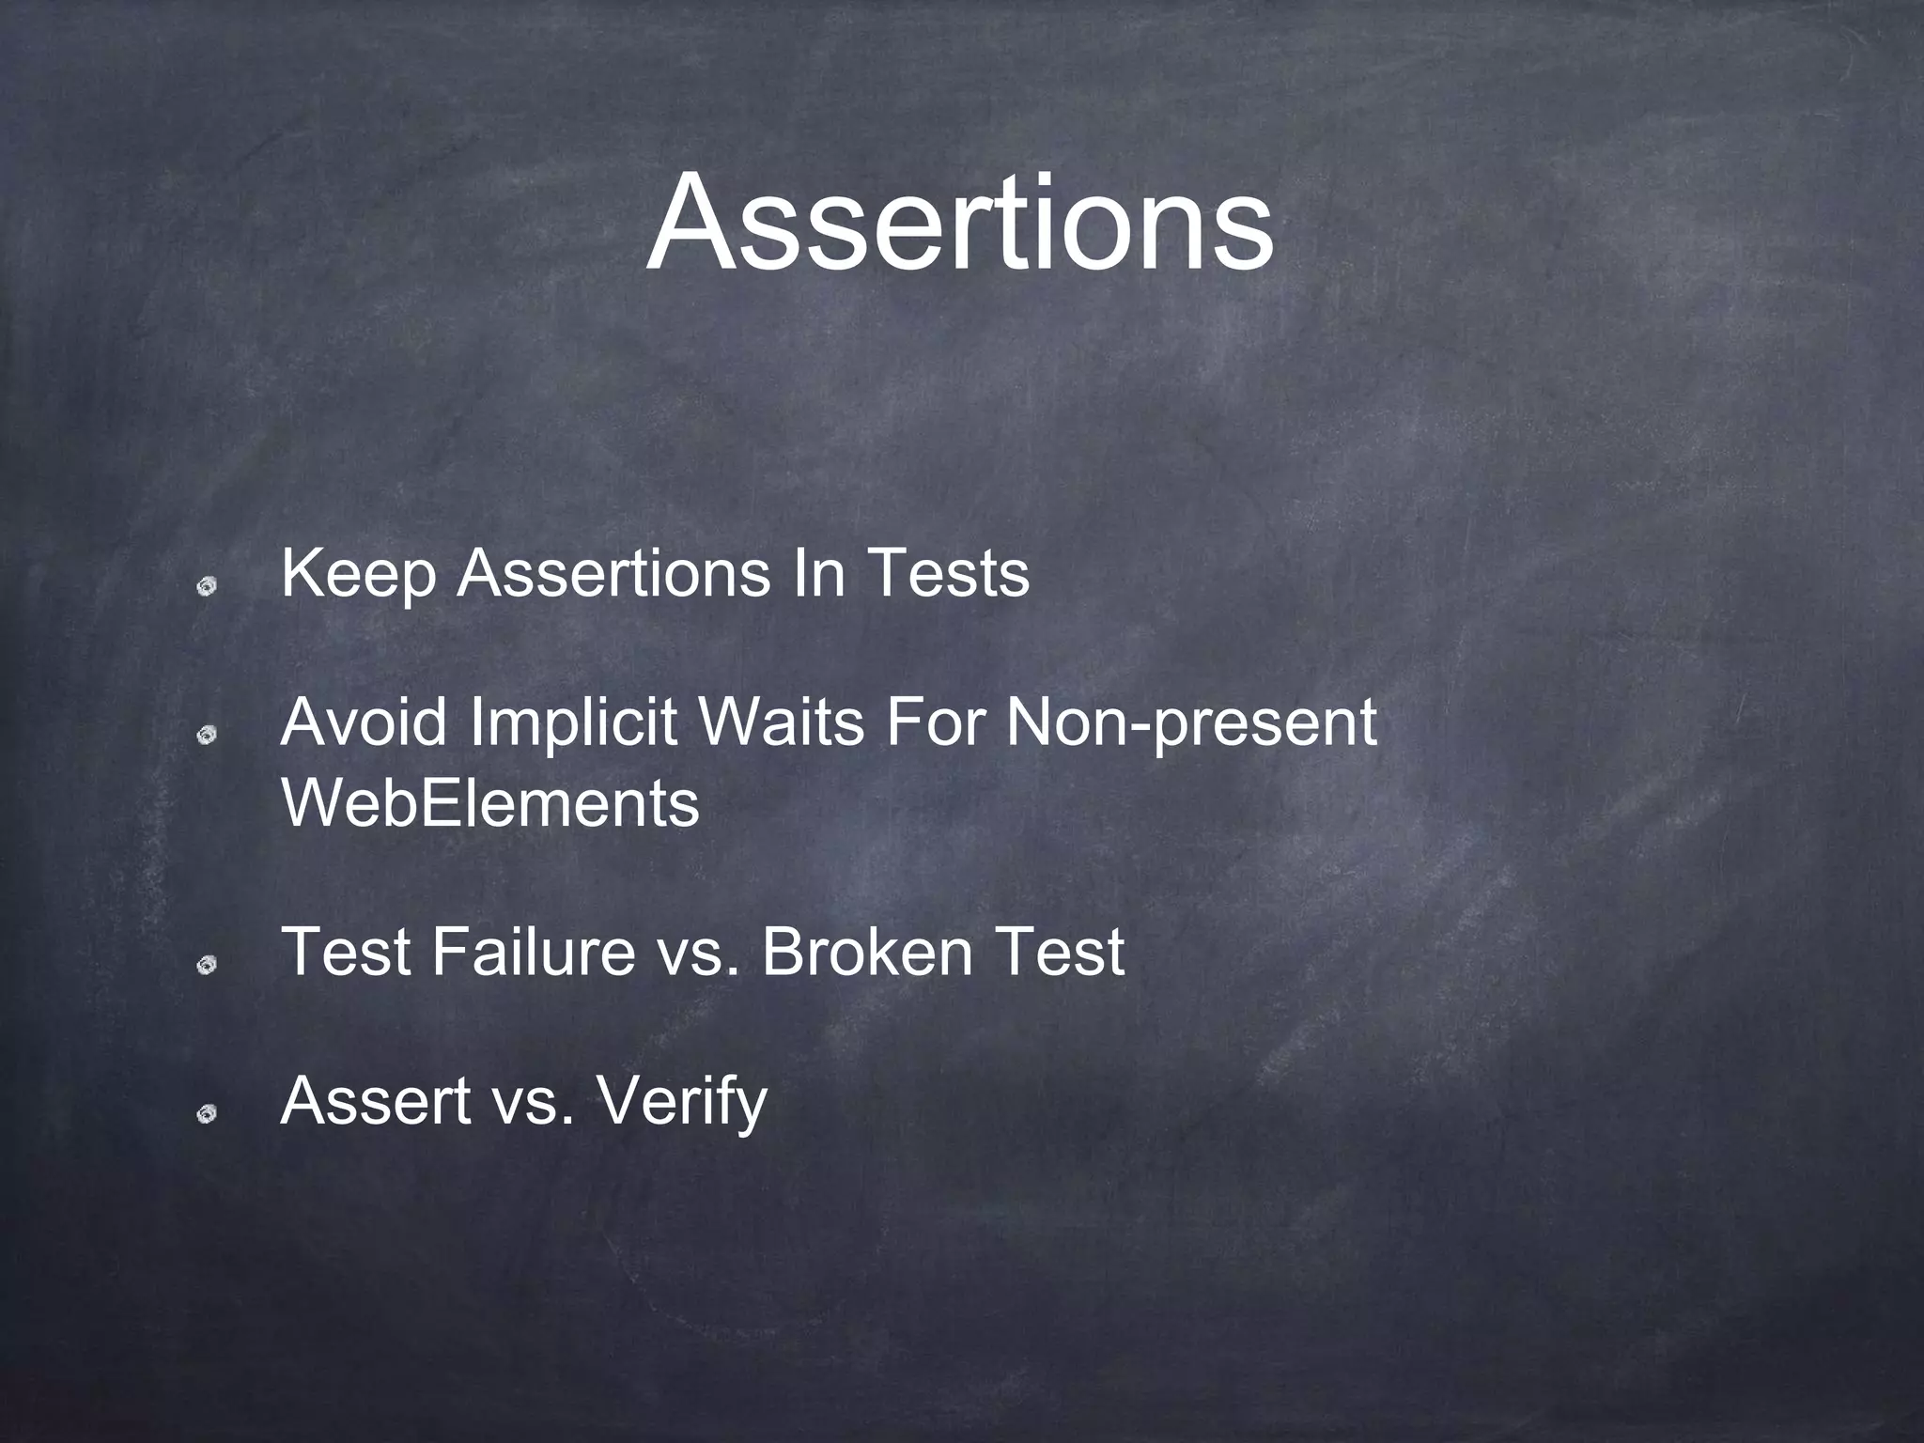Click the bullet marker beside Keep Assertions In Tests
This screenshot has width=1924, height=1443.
(x=207, y=586)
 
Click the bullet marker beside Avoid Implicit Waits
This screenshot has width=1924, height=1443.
(x=207, y=736)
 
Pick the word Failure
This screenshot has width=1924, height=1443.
(x=533, y=951)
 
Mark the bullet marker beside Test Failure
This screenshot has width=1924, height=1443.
(x=207, y=965)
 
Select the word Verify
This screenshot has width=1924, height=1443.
(x=682, y=1102)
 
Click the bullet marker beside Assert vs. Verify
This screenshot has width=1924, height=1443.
(x=207, y=1114)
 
